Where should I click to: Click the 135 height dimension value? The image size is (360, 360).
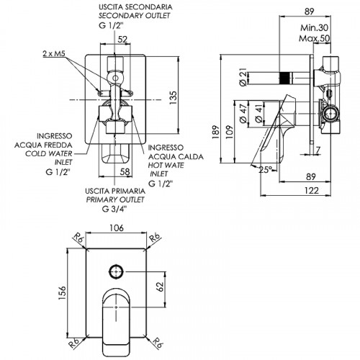(173, 97)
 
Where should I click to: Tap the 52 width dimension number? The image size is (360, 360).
(122, 40)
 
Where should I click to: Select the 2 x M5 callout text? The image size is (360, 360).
(54, 54)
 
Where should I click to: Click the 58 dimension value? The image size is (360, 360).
(125, 171)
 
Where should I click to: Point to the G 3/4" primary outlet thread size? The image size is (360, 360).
(114, 209)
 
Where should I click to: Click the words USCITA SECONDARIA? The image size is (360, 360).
(135, 7)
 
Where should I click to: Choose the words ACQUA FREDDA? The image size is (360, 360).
(43, 145)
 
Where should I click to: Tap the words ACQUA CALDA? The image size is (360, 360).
(176, 157)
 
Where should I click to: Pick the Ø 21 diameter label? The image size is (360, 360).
(243, 76)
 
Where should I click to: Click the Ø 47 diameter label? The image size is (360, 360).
(243, 113)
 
